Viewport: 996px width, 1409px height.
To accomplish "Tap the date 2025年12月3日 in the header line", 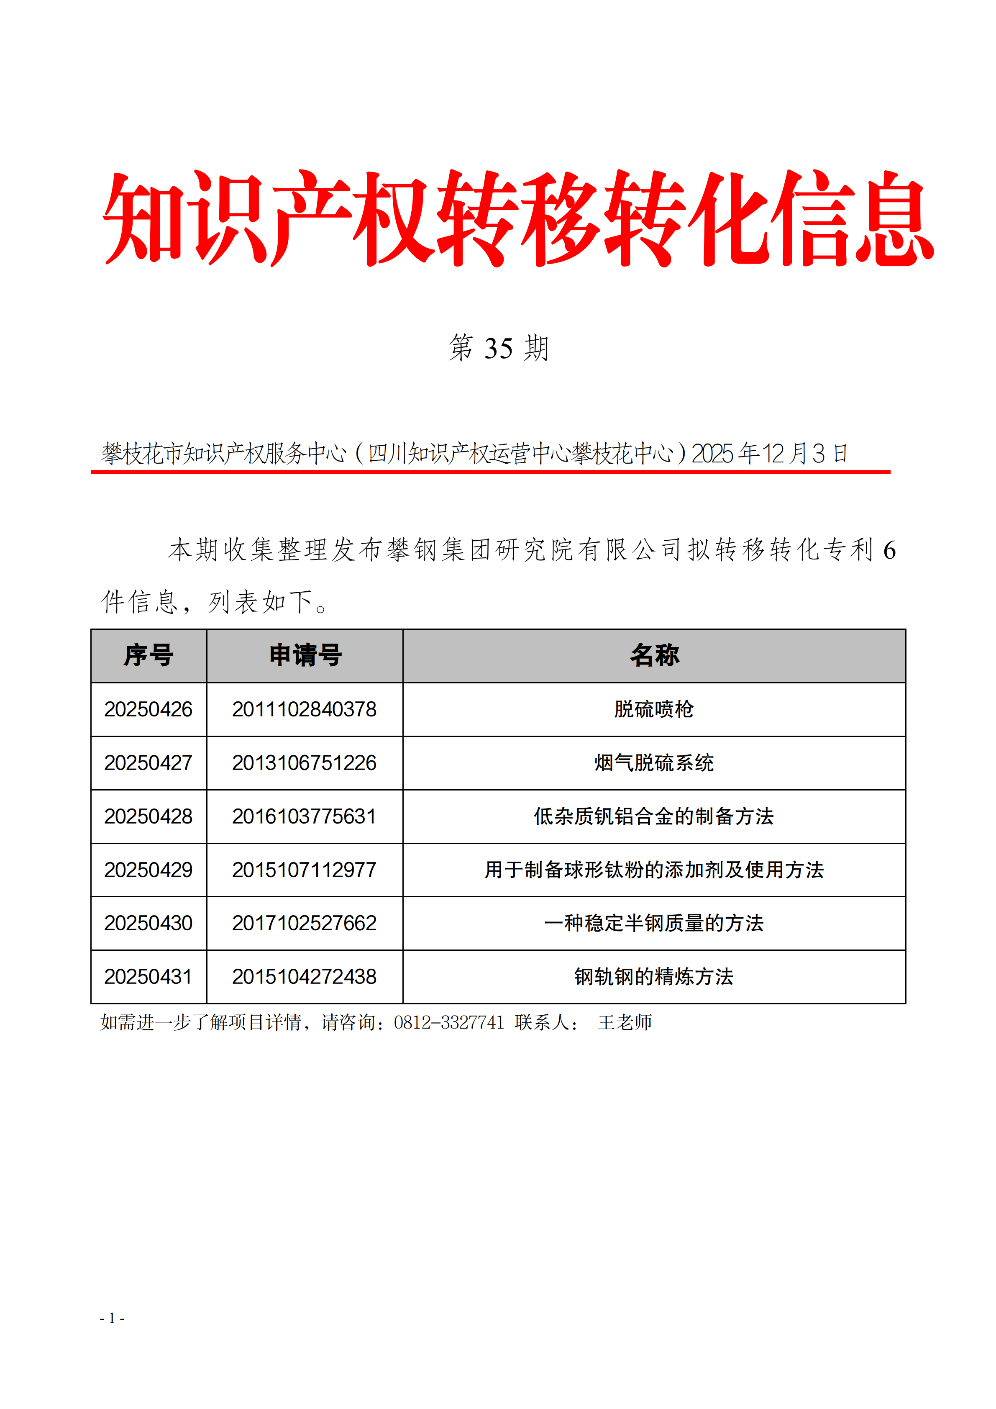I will [770, 454].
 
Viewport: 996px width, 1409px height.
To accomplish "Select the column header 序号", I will [149, 655].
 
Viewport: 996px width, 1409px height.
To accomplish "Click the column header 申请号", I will [305, 655].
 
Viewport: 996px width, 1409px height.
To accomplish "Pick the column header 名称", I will [654, 655].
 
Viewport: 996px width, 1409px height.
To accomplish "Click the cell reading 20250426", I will [149, 709].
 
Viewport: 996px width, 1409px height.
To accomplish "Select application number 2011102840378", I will [304, 709].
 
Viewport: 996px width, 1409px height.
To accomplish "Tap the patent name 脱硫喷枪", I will [654, 709].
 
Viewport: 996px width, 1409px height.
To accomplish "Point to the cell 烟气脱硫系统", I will [654, 763].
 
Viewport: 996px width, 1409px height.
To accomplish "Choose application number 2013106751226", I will [304, 763].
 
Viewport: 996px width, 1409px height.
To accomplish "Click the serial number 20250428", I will [149, 816].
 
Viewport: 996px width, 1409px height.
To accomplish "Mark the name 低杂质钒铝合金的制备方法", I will [654, 816].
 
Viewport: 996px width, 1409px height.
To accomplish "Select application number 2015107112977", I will [304, 870].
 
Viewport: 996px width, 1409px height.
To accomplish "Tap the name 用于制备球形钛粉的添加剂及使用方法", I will [654, 870].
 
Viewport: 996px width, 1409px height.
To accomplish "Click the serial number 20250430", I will [149, 923].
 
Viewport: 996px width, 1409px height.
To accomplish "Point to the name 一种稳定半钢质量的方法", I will [654, 923].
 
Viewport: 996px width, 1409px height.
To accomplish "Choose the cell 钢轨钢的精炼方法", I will [654, 976].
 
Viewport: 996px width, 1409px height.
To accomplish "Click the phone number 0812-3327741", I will [448, 1022].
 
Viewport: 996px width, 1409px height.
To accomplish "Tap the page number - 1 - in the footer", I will [112, 1318].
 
